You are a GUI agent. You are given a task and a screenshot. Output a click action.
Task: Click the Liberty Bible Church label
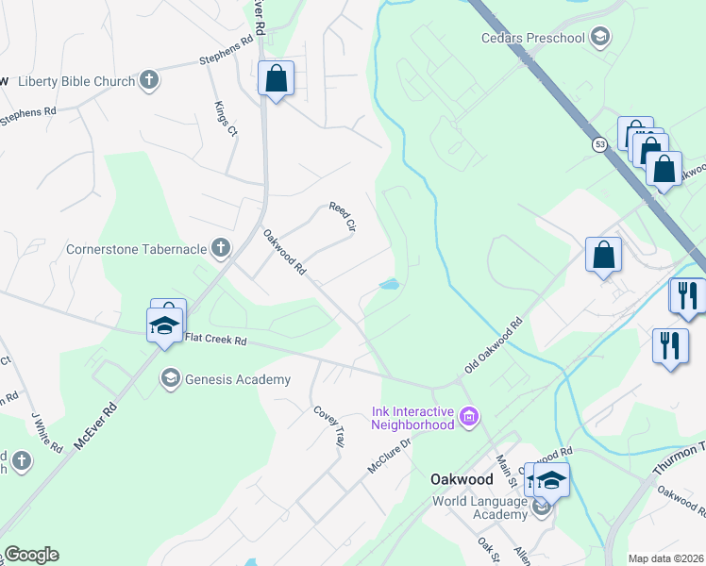click(x=76, y=81)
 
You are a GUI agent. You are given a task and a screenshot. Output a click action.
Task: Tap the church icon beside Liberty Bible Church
click(x=149, y=81)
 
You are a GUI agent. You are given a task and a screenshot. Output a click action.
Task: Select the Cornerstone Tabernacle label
click(x=136, y=250)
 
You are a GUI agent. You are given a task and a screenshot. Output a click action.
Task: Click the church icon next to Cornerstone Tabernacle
click(x=220, y=249)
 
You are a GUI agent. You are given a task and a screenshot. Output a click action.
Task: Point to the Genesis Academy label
click(x=237, y=379)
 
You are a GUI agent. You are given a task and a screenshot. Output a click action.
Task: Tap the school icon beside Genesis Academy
click(x=170, y=379)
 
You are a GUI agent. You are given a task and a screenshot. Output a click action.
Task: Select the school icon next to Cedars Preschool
click(x=598, y=38)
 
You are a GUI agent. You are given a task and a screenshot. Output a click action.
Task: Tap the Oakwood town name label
click(x=463, y=478)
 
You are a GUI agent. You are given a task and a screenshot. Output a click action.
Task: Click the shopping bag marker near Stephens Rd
click(x=276, y=79)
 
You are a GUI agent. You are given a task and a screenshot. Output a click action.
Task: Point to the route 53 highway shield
click(x=600, y=144)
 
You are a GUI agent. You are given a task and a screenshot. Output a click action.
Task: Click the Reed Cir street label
click(x=342, y=217)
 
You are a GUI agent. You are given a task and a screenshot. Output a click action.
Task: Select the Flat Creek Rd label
click(x=215, y=339)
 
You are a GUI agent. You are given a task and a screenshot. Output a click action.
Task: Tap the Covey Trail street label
click(x=329, y=425)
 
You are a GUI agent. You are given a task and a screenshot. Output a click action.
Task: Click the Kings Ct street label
click(x=226, y=119)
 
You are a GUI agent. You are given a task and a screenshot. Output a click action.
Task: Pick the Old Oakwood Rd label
click(x=494, y=348)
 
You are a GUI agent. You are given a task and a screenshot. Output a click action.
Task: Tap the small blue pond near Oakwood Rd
click(x=389, y=284)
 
